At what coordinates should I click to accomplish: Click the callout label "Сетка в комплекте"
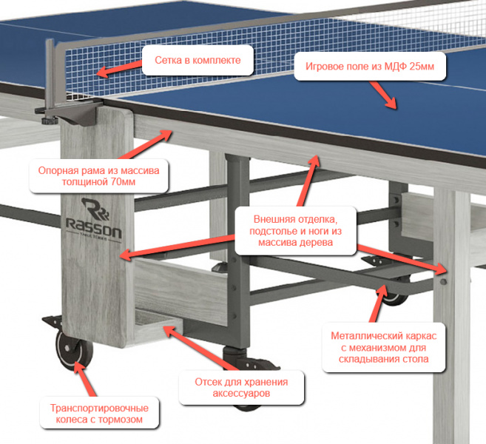click(x=198, y=60)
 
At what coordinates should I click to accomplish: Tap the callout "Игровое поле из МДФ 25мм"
click(x=370, y=66)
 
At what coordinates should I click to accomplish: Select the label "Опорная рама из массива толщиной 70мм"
click(x=98, y=176)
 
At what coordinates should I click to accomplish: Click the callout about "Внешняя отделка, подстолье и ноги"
click(x=295, y=231)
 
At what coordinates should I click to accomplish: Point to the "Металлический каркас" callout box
click(x=384, y=347)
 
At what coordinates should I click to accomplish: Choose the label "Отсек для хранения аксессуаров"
click(x=241, y=388)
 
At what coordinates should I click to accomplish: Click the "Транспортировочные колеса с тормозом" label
click(x=99, y=414)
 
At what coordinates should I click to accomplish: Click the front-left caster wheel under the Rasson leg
click(x=74, y=350)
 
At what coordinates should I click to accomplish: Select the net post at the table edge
click(x=51, y=75)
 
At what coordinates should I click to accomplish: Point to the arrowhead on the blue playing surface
click(x=391, y=103)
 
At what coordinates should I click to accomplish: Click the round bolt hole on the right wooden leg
click(x=444, y=281)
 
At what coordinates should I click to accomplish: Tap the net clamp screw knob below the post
click(x=50, y=121)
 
